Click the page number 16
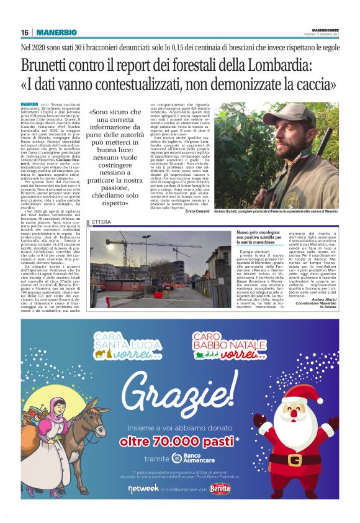(x=25, y=32)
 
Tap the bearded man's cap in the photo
(x=245, y=118)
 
